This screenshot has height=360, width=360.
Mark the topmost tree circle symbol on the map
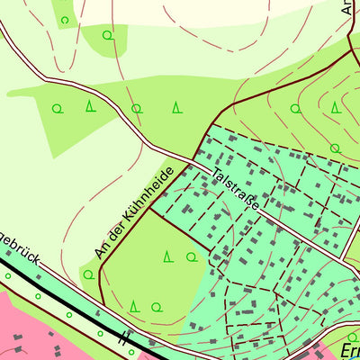(x=64, y=19)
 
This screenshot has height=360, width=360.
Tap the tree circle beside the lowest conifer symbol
(x=157, y=306)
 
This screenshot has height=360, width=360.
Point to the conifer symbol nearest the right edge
(x=335, y=107)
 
